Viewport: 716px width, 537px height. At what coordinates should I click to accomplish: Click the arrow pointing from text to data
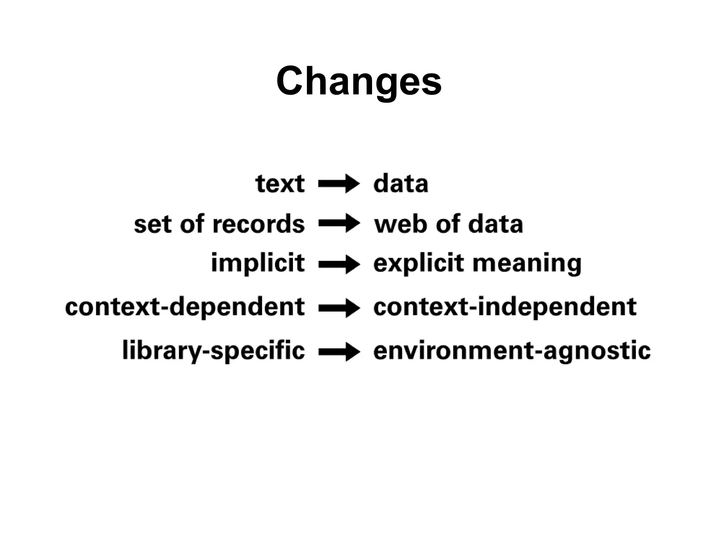338,184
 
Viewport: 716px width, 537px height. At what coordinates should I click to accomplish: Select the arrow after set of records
338,223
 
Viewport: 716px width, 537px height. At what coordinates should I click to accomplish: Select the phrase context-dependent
185,307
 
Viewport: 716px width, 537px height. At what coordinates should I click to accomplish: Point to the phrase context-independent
505,307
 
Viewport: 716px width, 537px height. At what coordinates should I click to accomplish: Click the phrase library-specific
214,351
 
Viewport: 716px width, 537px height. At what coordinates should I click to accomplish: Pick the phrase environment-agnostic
512,351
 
